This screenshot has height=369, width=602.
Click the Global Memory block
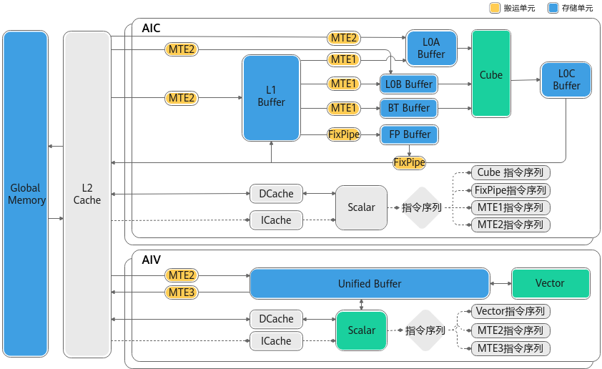coord(25,194)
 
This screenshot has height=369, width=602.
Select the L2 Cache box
coord(87,195)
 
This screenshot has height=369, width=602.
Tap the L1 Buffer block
coord(271,98)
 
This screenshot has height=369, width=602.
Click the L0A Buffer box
coord(432,49)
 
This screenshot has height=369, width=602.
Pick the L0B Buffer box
coord(409,84)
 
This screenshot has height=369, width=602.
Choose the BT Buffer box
coord(409,108)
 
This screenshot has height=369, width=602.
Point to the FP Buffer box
coord(409,134)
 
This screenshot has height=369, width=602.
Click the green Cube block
coord(491,74)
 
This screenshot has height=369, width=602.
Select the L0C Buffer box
coord(566,80)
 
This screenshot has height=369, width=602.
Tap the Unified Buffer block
coord(370,284)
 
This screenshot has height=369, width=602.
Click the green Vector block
coord(551,283)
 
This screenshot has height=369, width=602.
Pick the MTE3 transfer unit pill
coord(182,292)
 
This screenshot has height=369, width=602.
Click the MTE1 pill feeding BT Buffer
coord(344,108)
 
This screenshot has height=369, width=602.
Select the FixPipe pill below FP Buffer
coord(409,162)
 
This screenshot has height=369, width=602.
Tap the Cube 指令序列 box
coord(510,173)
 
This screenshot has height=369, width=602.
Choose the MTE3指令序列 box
coord(510,349)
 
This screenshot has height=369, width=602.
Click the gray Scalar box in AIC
coord(361,207)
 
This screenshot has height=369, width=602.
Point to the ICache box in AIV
coord(276,341)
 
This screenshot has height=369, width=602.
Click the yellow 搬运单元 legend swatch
coord(495,8)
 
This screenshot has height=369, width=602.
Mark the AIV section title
coord(151,260)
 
